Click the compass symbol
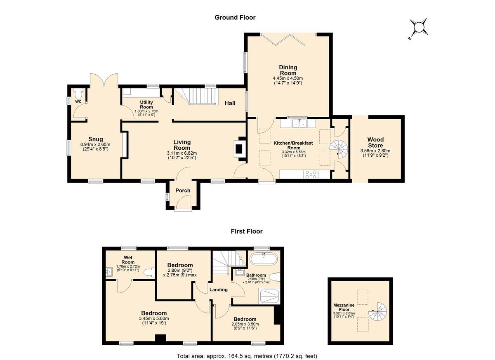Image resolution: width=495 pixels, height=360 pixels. click(x=418, y=29)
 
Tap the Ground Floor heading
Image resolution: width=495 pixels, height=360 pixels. click(x=235, y=17)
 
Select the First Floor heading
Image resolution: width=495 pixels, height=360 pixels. click(x=247, y=231)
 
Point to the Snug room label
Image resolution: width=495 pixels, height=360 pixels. click(x=95, y=139)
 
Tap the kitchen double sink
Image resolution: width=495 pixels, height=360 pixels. click(x=299, y=124)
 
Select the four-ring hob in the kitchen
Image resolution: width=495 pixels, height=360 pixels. click(x=311, y=174)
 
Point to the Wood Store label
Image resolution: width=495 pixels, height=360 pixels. click(x=375, y=142)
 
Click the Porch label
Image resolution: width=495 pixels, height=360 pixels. click(x=183, y=191)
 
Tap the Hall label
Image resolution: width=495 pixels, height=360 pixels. click(x=230, y=103)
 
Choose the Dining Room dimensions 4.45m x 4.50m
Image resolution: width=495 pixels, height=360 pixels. click(x=288, y=78)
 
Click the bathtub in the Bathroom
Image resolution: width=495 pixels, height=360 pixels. click(x=264, y=259)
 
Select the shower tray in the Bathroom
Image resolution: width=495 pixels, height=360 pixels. click(x=269, y=296)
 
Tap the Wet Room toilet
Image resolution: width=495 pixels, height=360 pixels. click(x=149, y=272)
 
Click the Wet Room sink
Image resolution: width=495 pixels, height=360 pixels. click(x=109, y=272)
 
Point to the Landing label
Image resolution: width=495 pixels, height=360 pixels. click(x=218, y=289)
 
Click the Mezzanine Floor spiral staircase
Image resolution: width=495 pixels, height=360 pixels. click(x=377, y=312)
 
